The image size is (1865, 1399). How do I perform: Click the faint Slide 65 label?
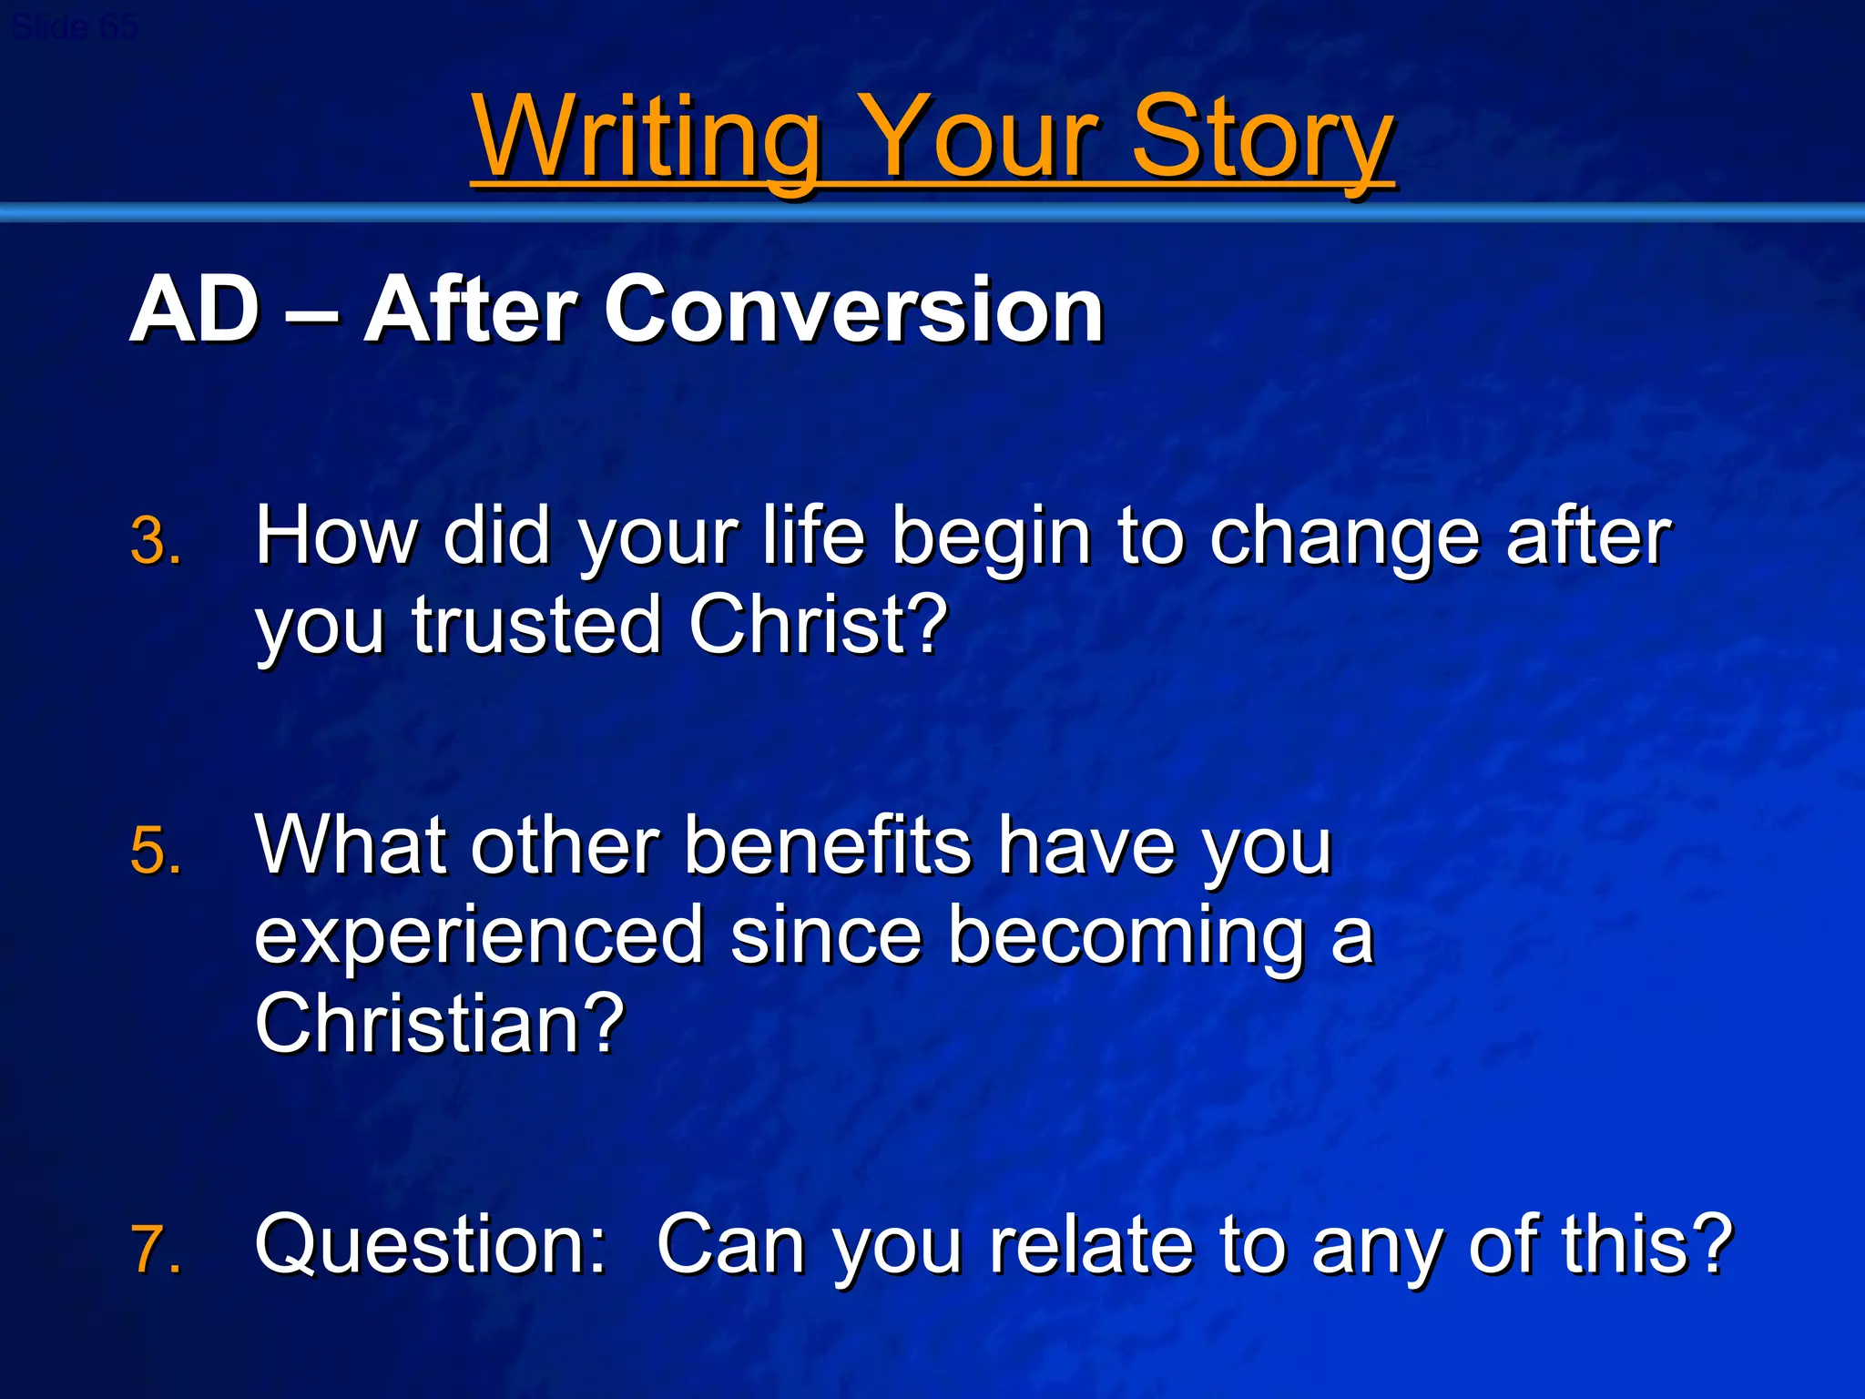click(x=75, y=27)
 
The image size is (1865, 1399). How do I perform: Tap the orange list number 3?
click(x=155, y=542)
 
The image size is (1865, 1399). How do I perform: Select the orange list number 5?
click(x=155, y=852)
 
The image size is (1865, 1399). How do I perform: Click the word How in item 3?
click(x=335, y=537)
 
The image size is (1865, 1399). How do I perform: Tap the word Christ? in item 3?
click(x=818, y=626)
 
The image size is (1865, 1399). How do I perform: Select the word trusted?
click(x=536, y=626)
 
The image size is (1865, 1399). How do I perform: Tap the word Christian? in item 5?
click(x=440, y=1024)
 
